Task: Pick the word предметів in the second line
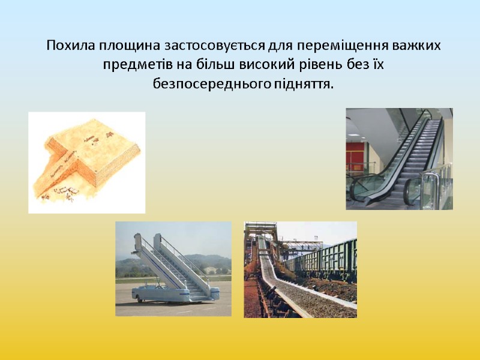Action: tap(137, 64)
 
